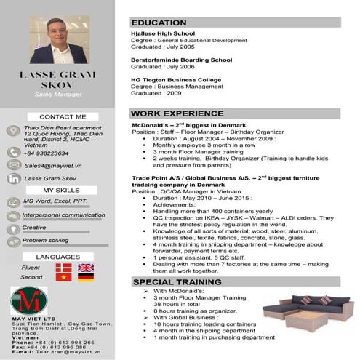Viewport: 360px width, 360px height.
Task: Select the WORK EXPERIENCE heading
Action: [x=177, y=113]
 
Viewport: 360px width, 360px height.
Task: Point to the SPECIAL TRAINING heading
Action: [x=173, y=281]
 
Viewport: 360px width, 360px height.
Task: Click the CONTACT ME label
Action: [x=63, y=116]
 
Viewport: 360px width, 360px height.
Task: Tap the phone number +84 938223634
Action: [x=46, y=153]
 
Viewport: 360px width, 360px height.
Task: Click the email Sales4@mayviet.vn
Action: [x=53, y=166]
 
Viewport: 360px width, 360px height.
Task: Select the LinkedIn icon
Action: [x=13, y=178]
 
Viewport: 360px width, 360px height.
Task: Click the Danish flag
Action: [x=64, y=268]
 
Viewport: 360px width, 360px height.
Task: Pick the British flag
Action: [x=86, y=268]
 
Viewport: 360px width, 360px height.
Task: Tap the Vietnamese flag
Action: [x=64, y=277]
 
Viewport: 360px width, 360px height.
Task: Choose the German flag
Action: [x=86, y=277]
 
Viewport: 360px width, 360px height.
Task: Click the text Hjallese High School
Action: [x=162, y=33]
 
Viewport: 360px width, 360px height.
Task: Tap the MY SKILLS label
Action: [x=63, y=190]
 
